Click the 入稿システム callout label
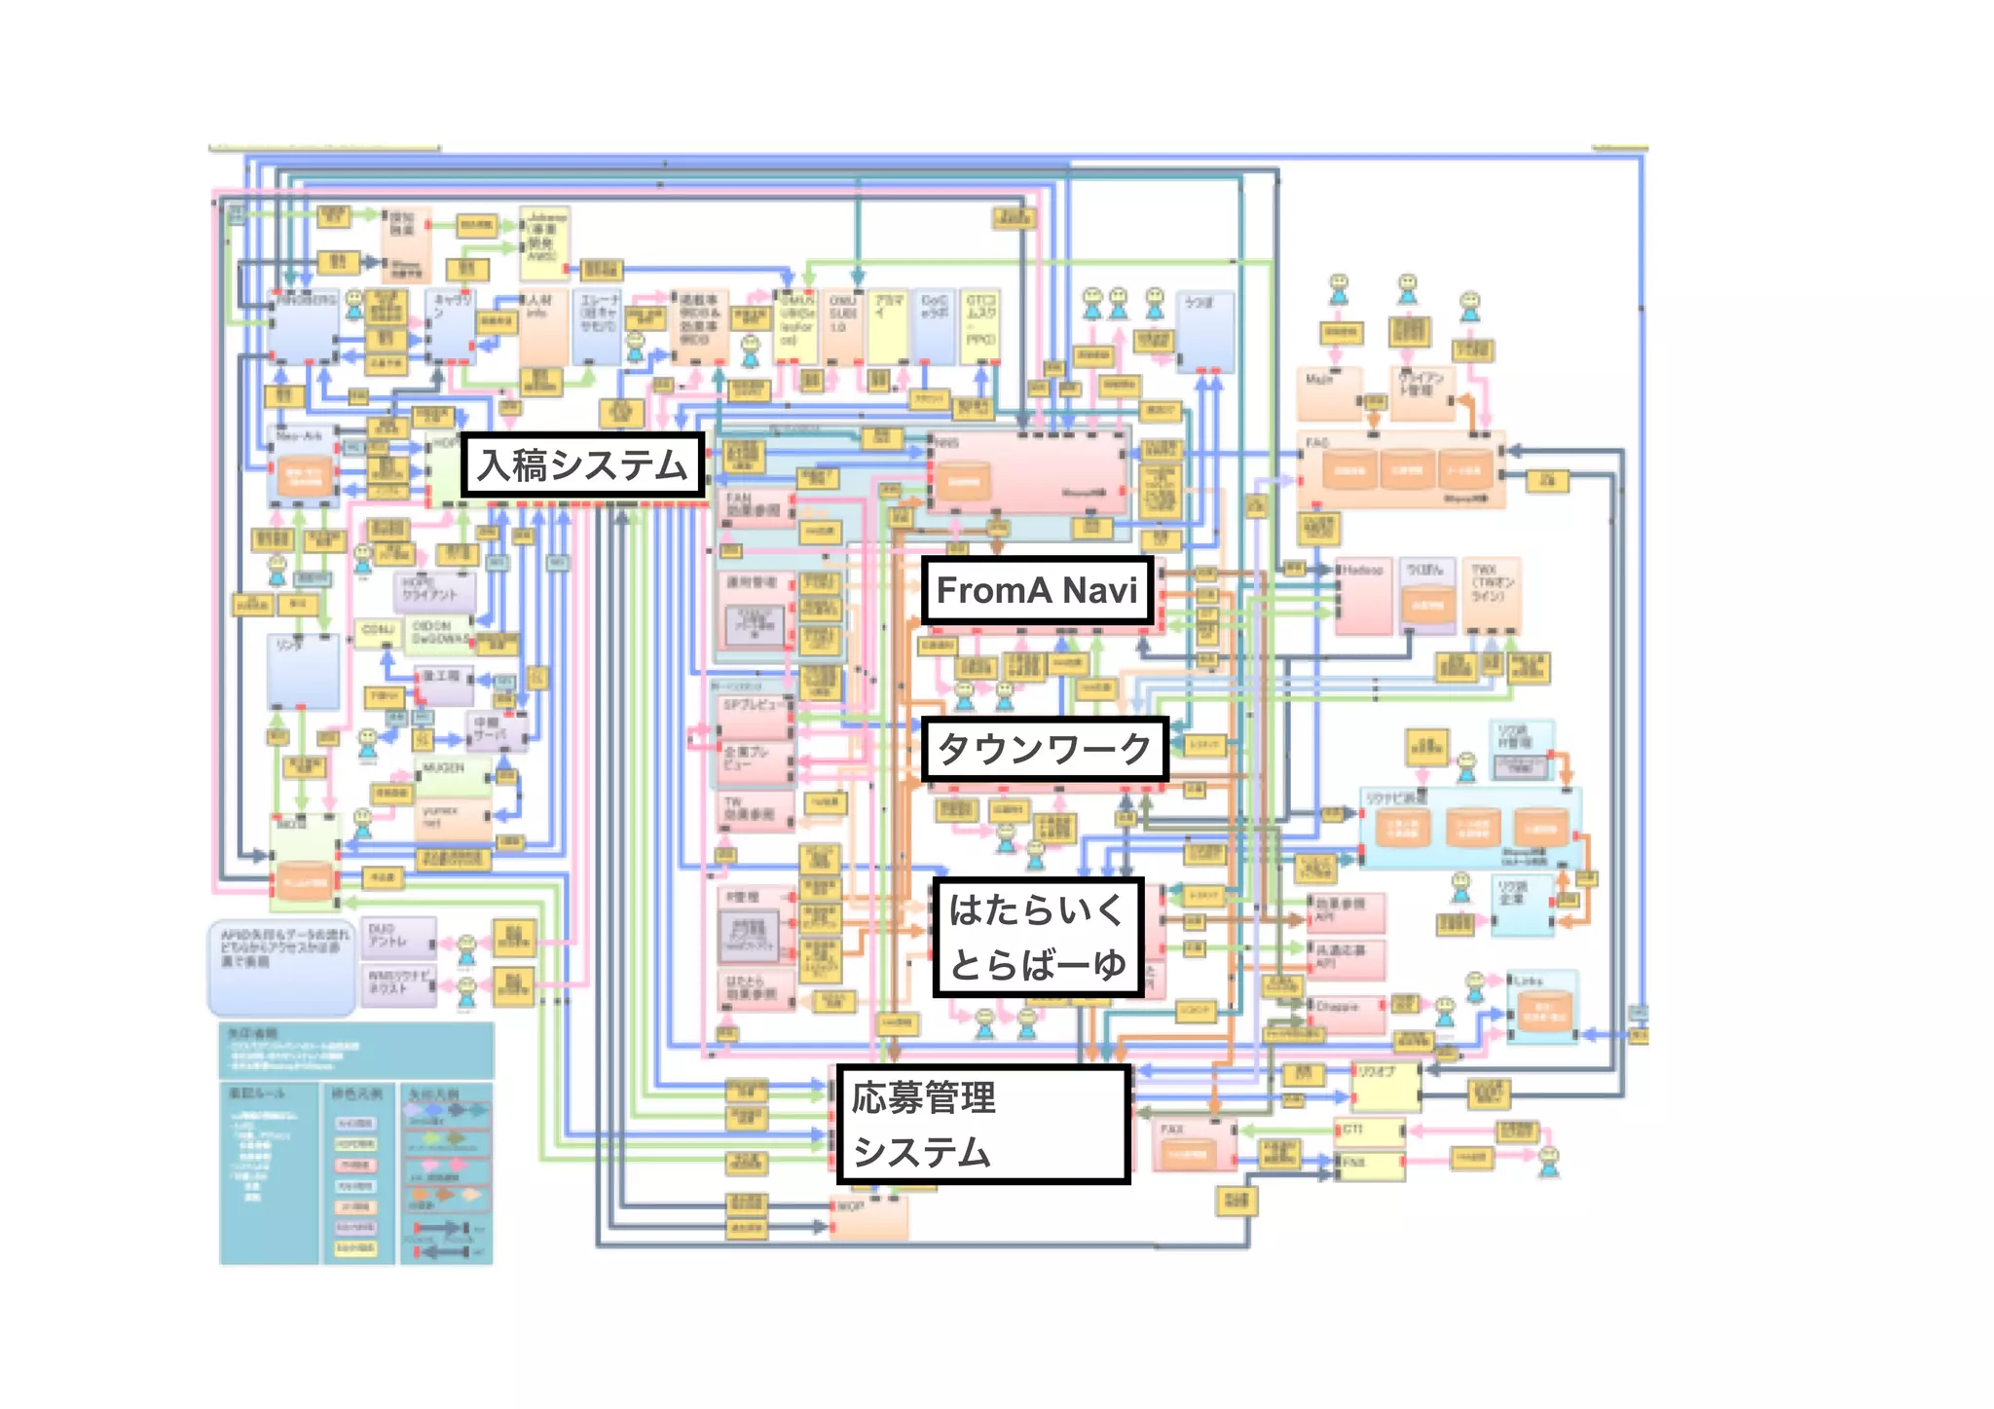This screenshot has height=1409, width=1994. pos(582,465)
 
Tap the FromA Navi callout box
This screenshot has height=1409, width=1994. pos(1037,590)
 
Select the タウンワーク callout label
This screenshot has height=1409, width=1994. pos(1044,749)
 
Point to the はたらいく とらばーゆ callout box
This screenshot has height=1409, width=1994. pos(1037,937)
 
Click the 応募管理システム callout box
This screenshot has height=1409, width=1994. pos(982,1125)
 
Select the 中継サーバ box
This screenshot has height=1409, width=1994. pos(498,731)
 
